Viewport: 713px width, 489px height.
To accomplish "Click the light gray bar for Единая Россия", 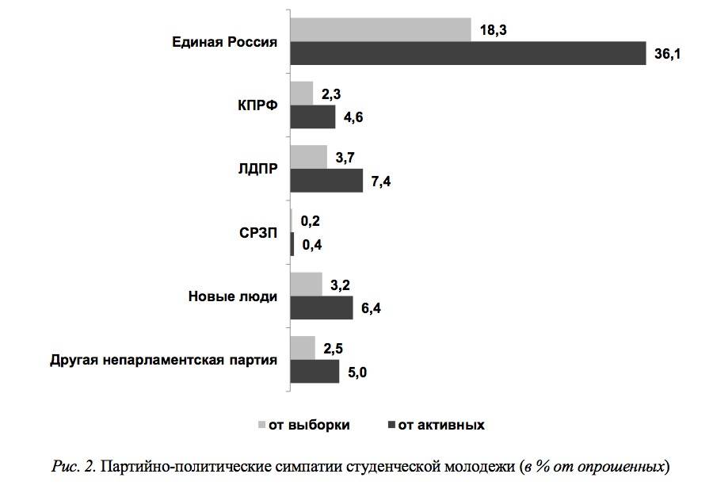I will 380,29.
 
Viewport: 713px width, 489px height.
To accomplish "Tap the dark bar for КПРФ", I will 313,117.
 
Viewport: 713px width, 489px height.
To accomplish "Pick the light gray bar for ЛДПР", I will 309,157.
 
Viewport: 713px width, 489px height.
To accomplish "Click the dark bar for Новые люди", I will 322,308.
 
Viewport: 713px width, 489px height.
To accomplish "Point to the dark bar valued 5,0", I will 315,372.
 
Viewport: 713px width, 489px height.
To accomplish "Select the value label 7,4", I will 381,182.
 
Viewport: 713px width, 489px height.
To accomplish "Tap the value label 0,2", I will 311,221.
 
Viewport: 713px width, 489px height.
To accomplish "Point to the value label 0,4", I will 312,246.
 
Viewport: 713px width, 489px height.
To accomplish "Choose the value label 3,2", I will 341,285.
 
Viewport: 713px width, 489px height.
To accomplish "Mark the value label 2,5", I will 333,348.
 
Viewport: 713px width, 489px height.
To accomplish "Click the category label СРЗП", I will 257,233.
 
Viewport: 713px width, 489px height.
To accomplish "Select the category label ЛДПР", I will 257,169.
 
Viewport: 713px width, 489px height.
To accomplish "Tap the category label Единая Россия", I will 225,42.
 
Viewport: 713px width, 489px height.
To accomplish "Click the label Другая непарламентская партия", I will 163,360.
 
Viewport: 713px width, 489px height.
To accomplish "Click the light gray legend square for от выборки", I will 261,425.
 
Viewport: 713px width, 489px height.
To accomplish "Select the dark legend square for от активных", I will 391,425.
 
